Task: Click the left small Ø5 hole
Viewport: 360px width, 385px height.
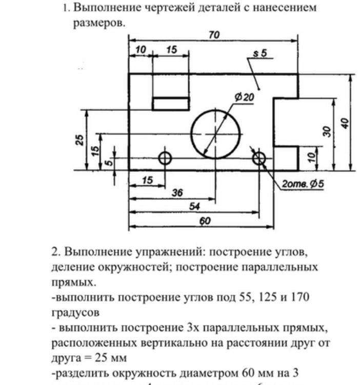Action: pyautogui.click(x=165, y=158)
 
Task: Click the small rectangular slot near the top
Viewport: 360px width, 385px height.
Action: pyautogui.click(x=171, y=104)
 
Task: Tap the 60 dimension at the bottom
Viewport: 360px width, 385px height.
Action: pyautogui.click(x=205, y=221)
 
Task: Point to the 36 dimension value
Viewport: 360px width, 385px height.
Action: pyautogui.click(x=177, y=193)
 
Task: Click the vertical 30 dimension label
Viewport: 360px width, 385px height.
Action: pyautogui.click(x=327, y=131)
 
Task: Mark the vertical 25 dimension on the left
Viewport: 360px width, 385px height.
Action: pyautogui.click(x=80, y=140)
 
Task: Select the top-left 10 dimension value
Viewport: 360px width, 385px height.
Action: pyautogui.click(x=139, y=50)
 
